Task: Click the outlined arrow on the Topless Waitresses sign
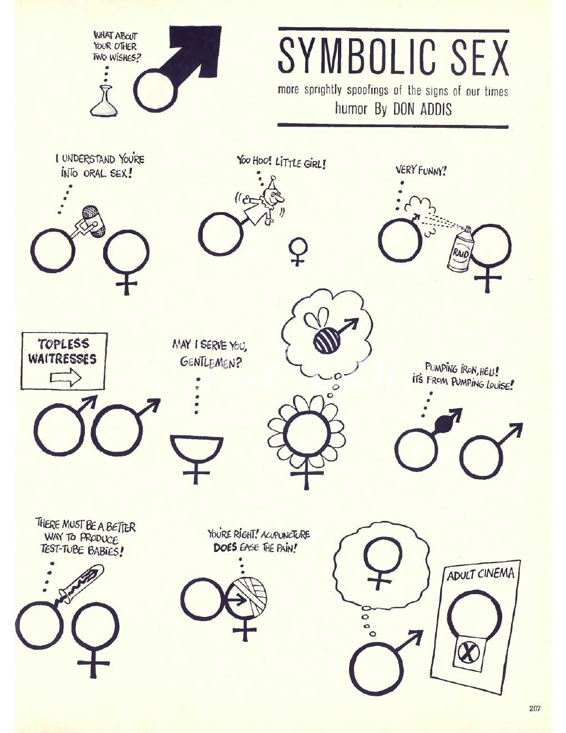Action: click(x=66, y=377)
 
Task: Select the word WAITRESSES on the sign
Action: click(x=62, y=359)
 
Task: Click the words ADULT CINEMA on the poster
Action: click(x=481, y=574)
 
